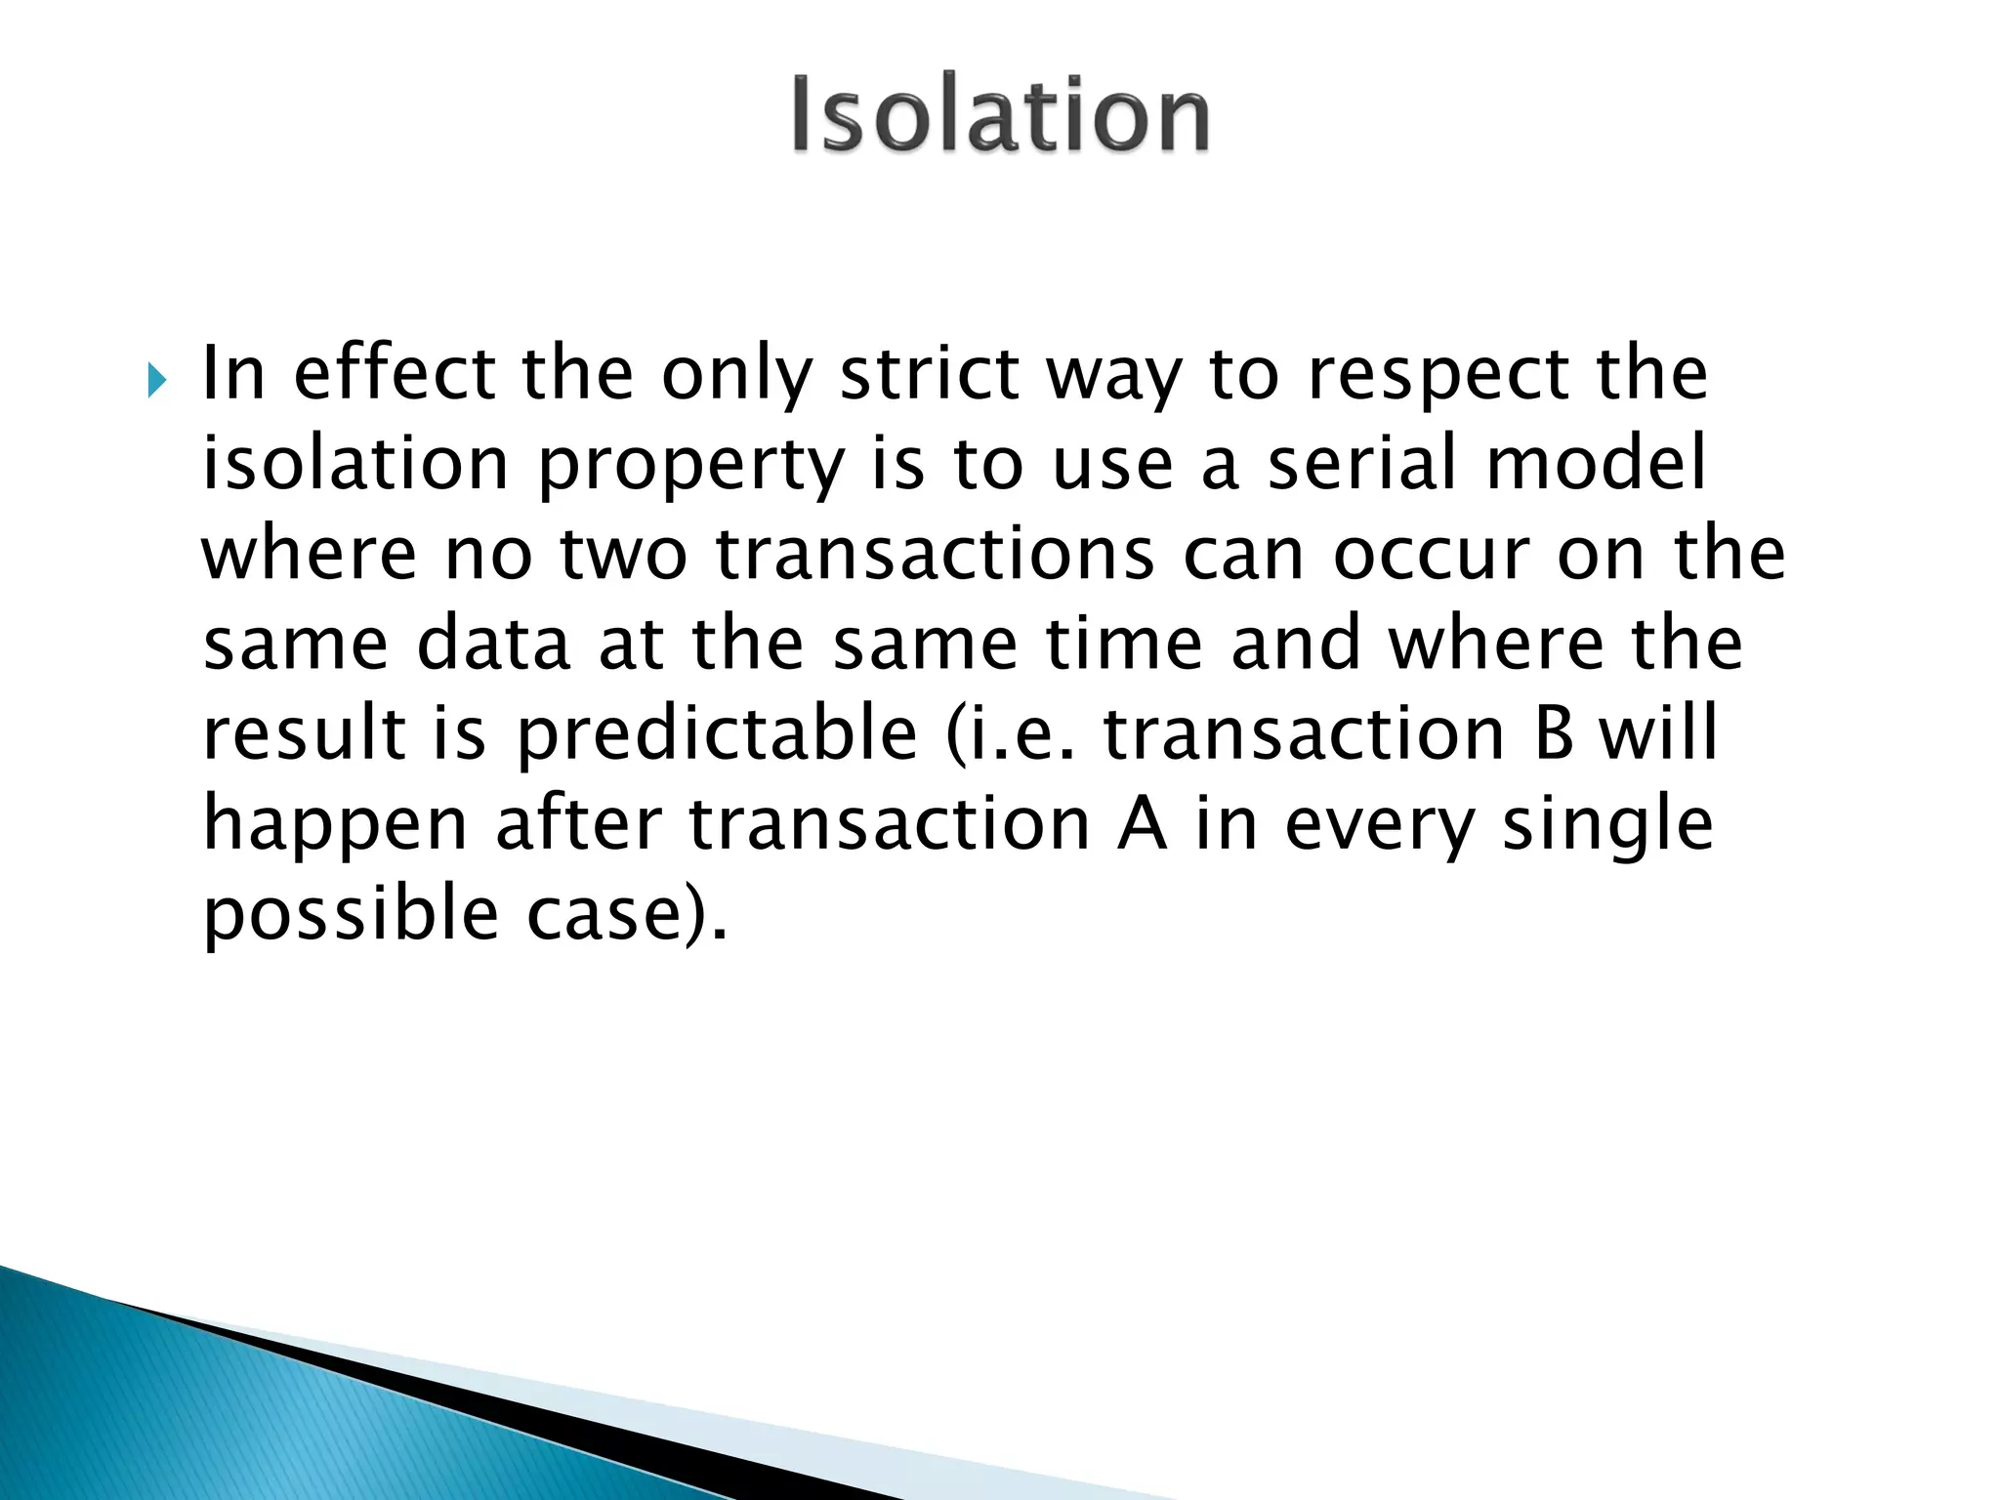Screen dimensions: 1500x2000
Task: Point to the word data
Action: pyautogui.click(x=493, y=645)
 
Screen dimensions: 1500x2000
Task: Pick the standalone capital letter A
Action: pyautogui.click(x=1142, y=825)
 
